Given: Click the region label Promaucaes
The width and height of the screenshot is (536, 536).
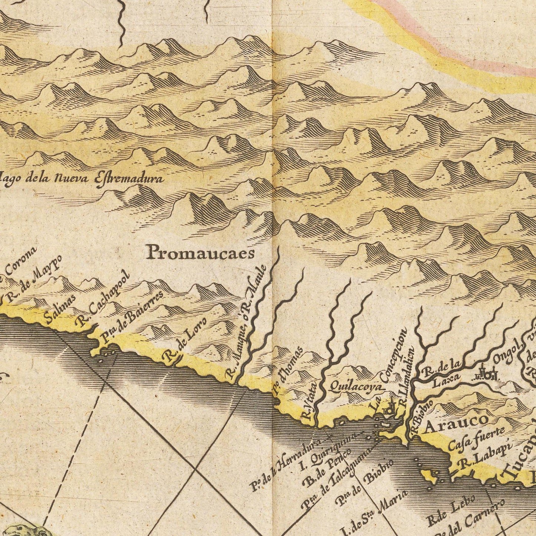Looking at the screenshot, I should (200, 253).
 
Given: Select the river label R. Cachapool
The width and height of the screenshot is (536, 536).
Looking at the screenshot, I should (103, 299).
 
